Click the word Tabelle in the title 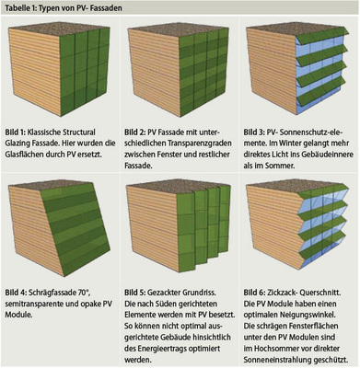click(x=15, y=8)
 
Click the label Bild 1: click(x=15, y=132)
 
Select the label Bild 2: click(x=134, y=132)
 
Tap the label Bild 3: click(x=254, y=132)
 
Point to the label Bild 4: click(x=16, y=293)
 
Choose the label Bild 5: click(x=134, y=293)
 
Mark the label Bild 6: click(x=254, y=293)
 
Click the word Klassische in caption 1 click(x=44, y=132)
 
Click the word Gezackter click(x=163, y=293)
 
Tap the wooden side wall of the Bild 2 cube click(x=154, y=72)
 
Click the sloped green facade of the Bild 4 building click(x=76, y=224)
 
